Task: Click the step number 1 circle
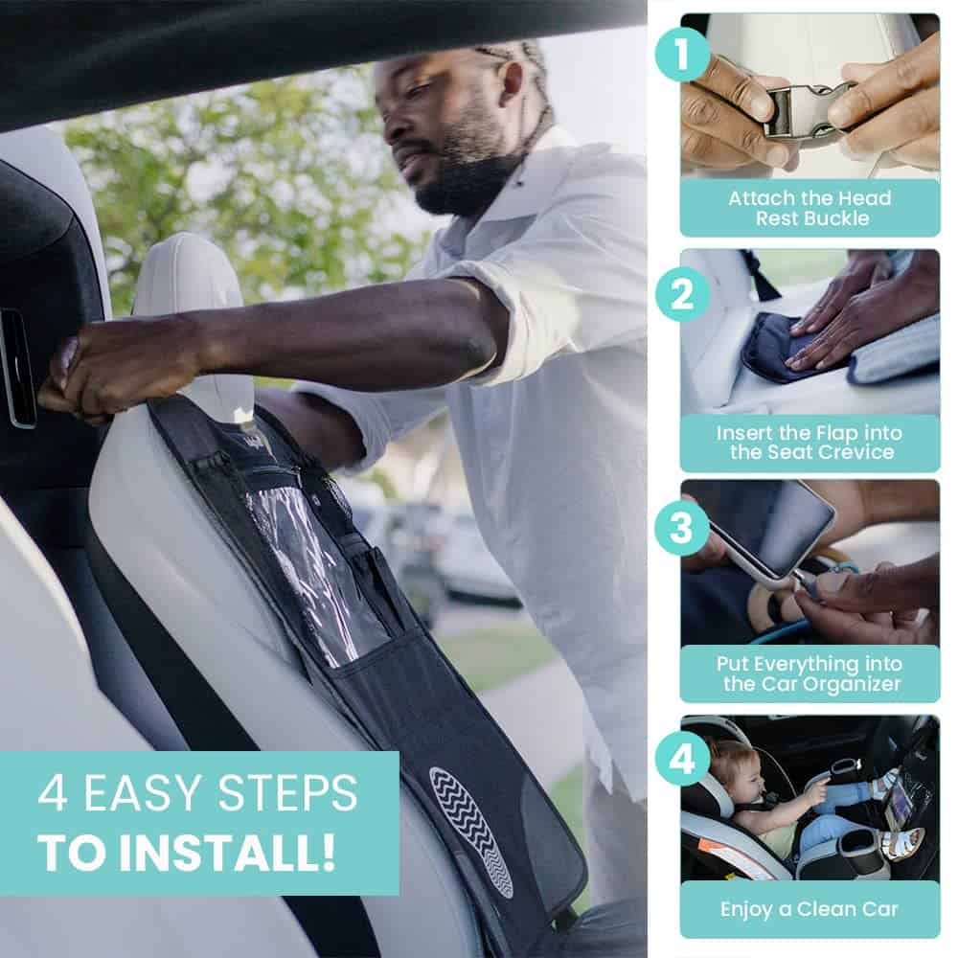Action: click(x=683, y=57)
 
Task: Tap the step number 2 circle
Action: click(x=683, y=294)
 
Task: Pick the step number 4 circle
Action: click(x=683, y=758)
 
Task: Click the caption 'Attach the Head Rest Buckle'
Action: click(x=810, y=208)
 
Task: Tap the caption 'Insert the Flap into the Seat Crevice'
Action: click(x=810, y=443)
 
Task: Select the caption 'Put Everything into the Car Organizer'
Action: click(x=810, y=673)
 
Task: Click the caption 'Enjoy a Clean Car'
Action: click(x=810, y=909)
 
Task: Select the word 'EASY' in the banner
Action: click(x=153, y=793)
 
